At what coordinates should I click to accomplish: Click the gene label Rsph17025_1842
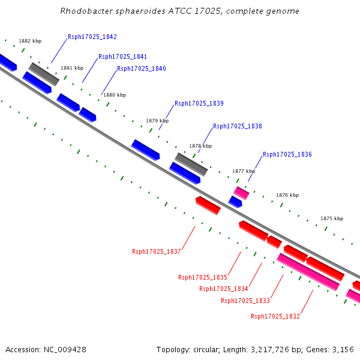point(92,37)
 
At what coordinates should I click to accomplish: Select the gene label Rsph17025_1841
point(122,56)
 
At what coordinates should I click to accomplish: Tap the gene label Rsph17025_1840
point(142,68)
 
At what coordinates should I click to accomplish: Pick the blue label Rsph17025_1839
point(199,103)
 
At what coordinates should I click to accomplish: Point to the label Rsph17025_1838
point(238,126)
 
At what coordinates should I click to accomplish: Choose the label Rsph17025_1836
point(287,154)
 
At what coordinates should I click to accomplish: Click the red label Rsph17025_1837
point(157,251)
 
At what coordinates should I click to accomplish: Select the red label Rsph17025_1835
point(203,277)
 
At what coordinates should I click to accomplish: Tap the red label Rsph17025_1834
point(224,289)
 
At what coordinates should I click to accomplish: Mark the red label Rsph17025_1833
point(245,301)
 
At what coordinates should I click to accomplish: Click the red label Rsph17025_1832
point(275,316)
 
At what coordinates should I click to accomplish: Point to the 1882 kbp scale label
point(30,41)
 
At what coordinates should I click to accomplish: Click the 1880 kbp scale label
point(115,95)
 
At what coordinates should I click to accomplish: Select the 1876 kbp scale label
point(287,195)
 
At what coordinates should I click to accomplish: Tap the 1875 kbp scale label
point(332,218)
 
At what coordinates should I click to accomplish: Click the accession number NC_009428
point(65,350)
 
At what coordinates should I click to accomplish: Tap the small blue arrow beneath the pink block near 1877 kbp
point(235,202)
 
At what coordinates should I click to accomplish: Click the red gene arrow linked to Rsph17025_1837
point(208,205)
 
